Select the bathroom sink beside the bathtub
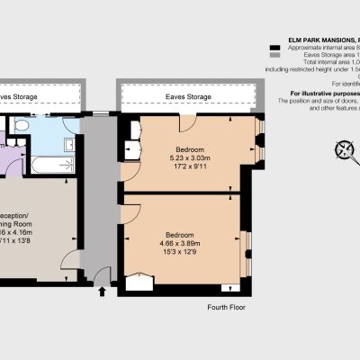tap(68, 143)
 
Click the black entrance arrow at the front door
tap(102, 291)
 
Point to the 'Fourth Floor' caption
tap(227, 307)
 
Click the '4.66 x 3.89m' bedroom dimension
tap(178, 243)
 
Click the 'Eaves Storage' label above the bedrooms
tap(188, 96)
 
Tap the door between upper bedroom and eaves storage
tap(187, 121)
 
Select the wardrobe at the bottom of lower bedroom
tap(139, 284)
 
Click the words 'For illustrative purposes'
tap(324, 94)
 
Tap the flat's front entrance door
tap(101, 275)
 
